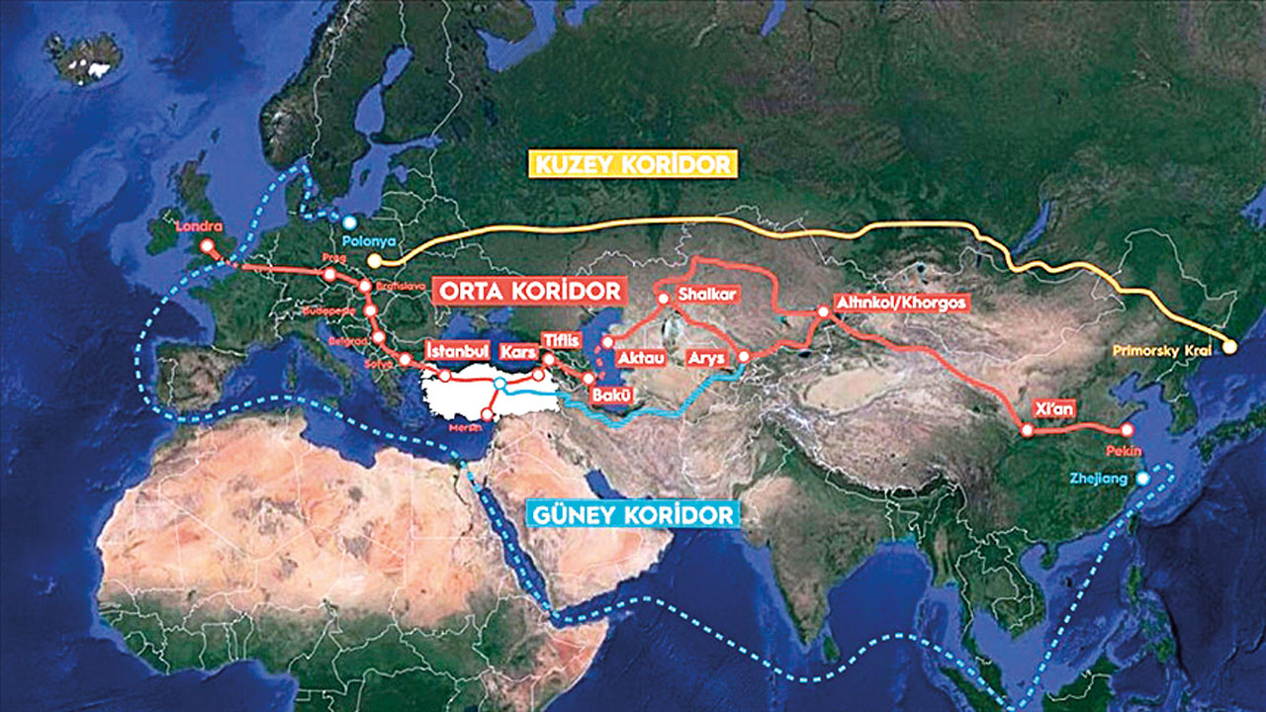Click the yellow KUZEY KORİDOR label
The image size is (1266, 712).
(x=634, y=163)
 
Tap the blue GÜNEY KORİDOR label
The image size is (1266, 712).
(x=634, y=514)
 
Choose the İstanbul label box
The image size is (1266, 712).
(x=457, y=351)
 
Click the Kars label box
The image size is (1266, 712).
(x=517, y=352)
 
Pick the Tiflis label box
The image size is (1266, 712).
(x=560, y=341)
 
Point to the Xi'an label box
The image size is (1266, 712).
(x=1050, y=407)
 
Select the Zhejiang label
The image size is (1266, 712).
(x=1098, y=479)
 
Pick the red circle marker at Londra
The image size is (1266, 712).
(x=207, y=244)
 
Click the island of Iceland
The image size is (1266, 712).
(x=84, y=57)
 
